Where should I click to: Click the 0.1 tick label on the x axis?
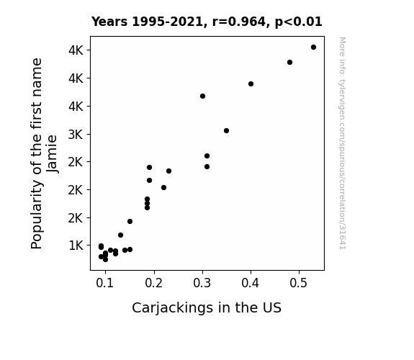point(105,283)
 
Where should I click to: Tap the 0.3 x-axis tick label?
point(202,283)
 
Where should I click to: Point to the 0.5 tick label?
point(299,283)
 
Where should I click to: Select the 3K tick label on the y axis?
point(76,135)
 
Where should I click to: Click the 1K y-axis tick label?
point(76,246)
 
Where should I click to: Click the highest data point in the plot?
point(313,48)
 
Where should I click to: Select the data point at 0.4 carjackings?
point(251,84)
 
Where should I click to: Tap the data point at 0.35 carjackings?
point(226,131)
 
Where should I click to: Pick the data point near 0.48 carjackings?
point(289,63)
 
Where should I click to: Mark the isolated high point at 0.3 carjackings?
point(202,96)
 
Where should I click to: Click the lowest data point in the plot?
point(105,260)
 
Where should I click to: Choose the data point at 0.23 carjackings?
point(168,171)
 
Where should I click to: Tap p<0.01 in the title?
point(299,22)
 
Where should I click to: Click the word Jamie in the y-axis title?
point(52,153)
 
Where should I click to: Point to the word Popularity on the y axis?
point(37,215)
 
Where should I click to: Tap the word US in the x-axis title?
point(272,308)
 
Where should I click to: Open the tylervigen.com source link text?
point(342,143)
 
